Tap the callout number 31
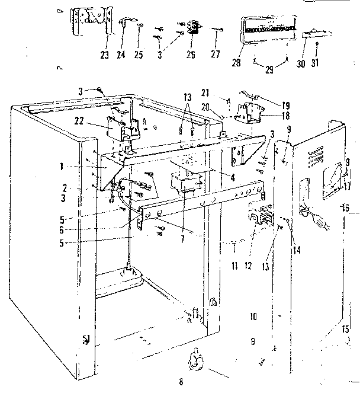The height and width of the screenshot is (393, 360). point(317,63)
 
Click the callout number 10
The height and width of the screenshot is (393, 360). point(253,317)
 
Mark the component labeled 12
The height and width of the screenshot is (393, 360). point(259,215)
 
